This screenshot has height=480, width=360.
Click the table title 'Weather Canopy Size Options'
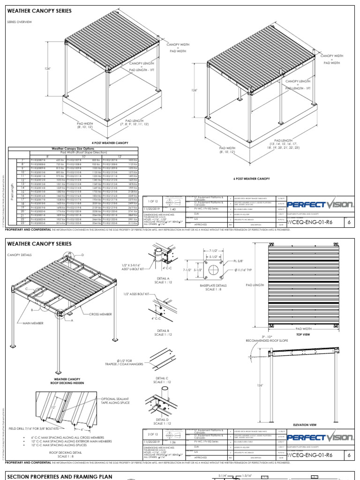tap(74, 148)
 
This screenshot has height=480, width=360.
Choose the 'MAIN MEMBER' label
tap(31, 322)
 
